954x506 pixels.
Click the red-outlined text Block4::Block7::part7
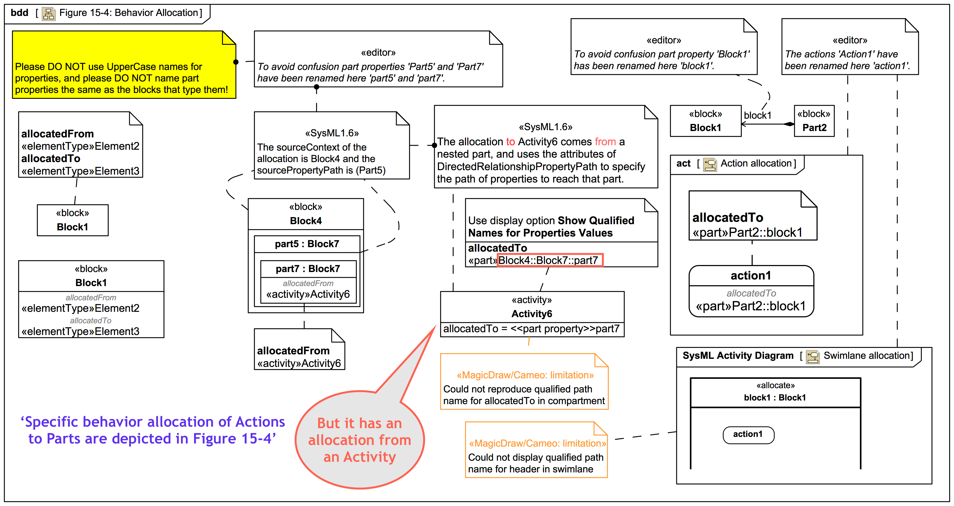coord(550,260)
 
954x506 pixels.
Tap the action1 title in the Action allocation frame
coord(751,276)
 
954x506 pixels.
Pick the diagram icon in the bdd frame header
coord(49,14)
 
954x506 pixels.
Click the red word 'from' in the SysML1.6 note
coord(605,142)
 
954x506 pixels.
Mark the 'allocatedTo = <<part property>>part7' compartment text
coord(531,329)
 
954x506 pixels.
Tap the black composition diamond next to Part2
coord(789,124)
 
